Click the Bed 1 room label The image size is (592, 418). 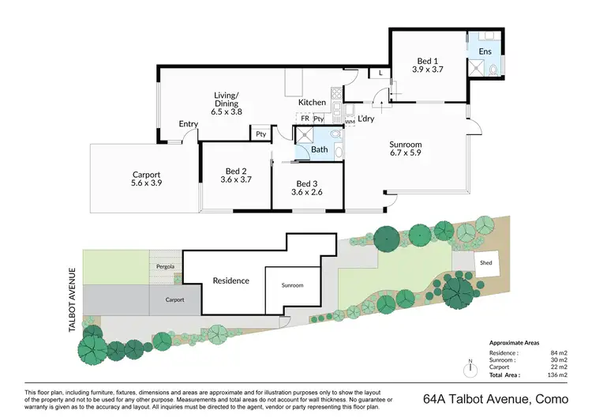tap(428, 59)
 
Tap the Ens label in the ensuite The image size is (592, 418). tap(485, 52)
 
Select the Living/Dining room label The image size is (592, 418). tap(227, 96)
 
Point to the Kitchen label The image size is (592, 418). tap(312, 103)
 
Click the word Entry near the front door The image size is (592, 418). tap(188, 124)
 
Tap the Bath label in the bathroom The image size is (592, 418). tap(319, 149)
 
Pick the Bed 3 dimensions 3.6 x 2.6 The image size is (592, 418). tap(307, 191)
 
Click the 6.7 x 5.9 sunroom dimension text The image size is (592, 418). tap(406, 154)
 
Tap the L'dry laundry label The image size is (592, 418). tap(365, 119)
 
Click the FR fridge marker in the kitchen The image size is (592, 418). tap(304, 119)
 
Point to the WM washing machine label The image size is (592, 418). tap(350, 122)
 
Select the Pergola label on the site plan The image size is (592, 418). tap(165, 266)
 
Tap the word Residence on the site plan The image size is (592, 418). tap(231, 281)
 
